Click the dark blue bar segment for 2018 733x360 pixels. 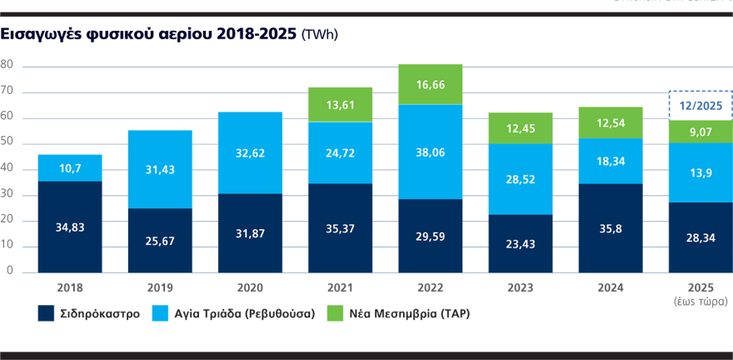[70, 226]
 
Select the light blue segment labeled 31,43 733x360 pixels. [161, 169]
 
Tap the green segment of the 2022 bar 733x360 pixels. [431, 84]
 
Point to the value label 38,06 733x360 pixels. [431, 152]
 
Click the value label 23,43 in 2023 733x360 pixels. [521, 243]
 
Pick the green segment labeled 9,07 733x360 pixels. [701, 132]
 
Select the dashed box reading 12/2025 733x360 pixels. [701, 105]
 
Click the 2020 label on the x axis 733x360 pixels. [251, 287]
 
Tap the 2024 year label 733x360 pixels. [611, 287]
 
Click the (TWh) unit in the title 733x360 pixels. [321, 34]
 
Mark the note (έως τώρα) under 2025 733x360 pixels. [701, 301]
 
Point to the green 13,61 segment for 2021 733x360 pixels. [341, 104]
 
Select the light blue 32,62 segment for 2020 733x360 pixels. [251, 152]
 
